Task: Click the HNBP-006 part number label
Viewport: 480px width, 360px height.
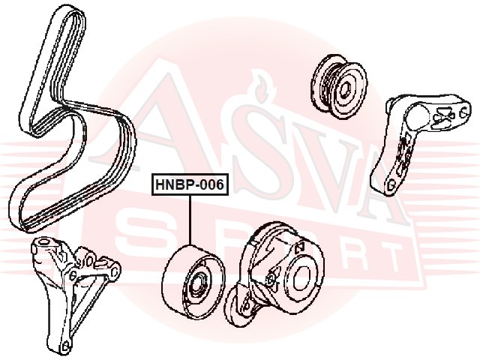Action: point(190,184)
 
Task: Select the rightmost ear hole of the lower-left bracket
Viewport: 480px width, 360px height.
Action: point(113,268)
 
